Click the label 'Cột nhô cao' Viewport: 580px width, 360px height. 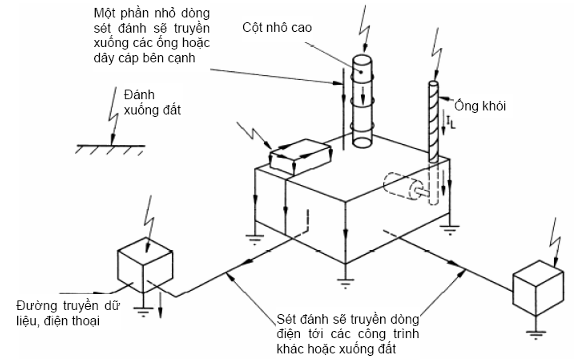click(x=277, y=27)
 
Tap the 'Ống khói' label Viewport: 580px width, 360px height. click(x=480, y=106)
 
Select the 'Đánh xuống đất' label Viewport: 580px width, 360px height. click(x=152, y=102)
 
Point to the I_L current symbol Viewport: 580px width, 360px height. click(x=451, y=122)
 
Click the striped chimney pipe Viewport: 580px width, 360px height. click(x=434, y=122)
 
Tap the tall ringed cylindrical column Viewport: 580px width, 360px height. click(x=362, y=101)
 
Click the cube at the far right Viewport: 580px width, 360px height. click(x=538, y=288)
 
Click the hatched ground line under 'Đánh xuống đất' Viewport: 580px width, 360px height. click(x=110, y=149)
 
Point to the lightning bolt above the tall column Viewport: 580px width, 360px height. click(x=365, y=29)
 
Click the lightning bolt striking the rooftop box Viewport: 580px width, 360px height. click(x=254, y=136)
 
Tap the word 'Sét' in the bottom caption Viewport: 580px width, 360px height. click(x=286, y=319)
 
